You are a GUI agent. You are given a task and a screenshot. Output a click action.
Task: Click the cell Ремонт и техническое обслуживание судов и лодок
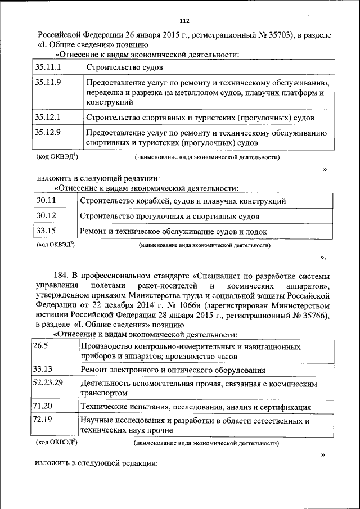coord(173,231)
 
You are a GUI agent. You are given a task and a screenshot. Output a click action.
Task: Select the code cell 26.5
coord(41,346)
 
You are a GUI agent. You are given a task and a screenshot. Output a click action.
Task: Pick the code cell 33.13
coord(43,369)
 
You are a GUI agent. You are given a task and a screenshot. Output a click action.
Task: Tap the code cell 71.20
coord(43,406)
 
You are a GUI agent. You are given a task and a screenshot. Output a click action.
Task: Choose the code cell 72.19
coord(43,419)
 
